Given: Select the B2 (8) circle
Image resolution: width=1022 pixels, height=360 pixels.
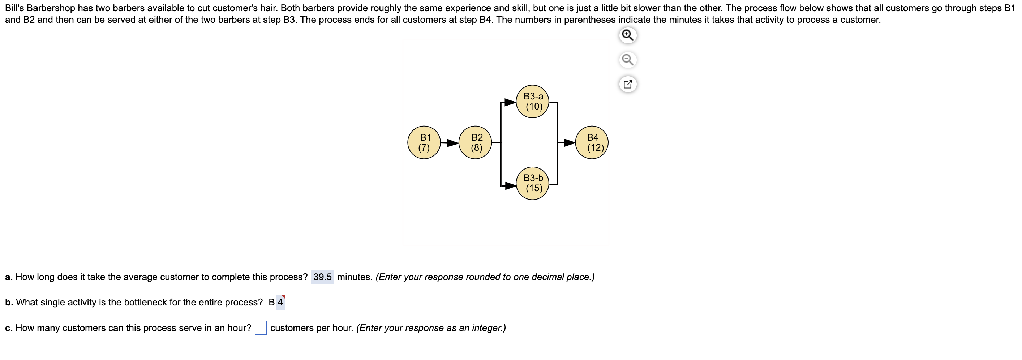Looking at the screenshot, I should pos(475,142).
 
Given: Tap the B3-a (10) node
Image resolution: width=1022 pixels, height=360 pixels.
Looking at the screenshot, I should pos(532,102).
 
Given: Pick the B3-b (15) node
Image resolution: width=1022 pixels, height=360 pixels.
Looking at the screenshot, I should pos(532,183).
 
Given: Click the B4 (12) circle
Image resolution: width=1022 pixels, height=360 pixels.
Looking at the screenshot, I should pos(592,142).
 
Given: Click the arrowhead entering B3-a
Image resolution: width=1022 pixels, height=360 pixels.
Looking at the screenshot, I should pos(510,102).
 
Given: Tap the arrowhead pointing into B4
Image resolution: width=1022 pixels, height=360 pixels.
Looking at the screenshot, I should pos(569,142).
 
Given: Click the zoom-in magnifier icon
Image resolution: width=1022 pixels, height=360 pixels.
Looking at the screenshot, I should pos(628,35).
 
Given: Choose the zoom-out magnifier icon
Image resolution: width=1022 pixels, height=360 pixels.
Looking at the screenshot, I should pos(628,60).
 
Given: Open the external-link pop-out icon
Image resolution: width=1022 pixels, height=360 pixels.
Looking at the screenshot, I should pos(628,84).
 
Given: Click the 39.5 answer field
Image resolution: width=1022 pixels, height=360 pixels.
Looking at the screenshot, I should pos(322,277).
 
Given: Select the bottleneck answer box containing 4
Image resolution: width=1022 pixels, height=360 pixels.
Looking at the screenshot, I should pos(280,303).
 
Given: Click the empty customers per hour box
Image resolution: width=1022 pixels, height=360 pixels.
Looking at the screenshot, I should pos(261,328).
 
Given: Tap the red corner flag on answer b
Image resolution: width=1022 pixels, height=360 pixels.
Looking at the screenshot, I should pos(283,296).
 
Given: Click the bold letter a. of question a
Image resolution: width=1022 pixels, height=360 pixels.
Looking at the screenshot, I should pos(9,277).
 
